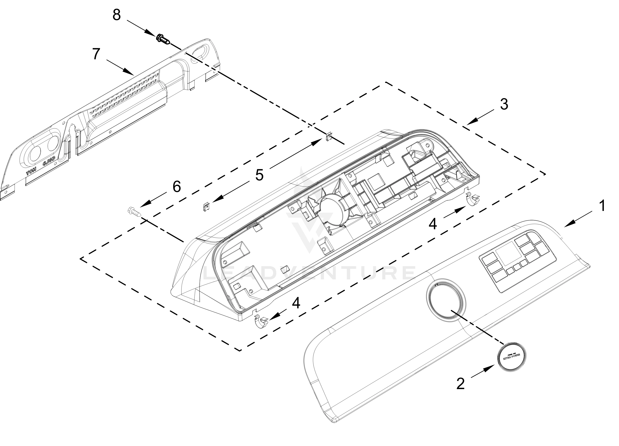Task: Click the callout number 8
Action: (117, 15)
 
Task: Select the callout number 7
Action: (96, 54)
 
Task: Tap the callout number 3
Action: (504, 104)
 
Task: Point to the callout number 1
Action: (602, 206)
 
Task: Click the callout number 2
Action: (461, 384)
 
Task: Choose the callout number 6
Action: (177, 187)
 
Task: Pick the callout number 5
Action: (259, 175)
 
